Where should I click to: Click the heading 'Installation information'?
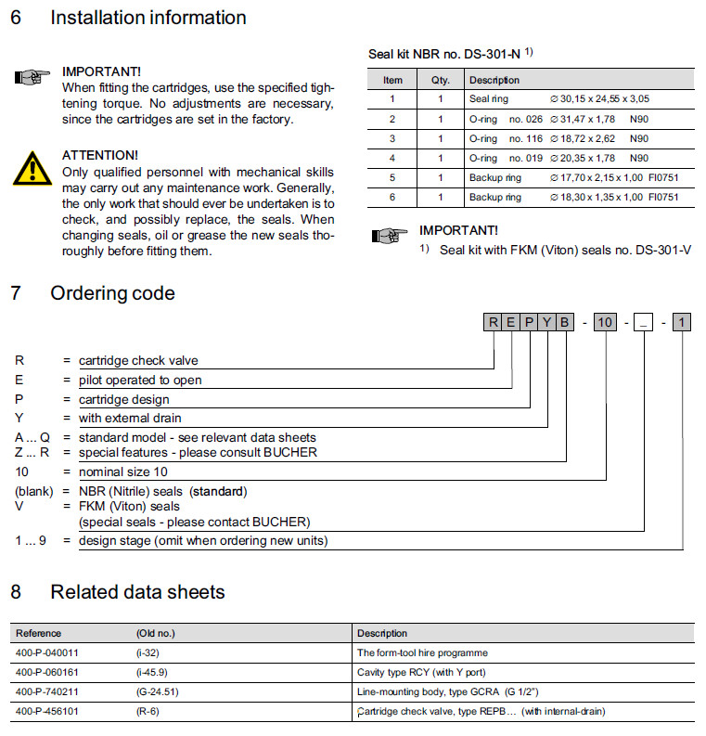click(x=148, y=18)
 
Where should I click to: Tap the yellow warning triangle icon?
click(x=32, y=167)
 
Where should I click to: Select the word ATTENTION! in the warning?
click(x=99, y=154)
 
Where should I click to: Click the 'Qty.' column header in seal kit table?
click(x=441, y=80)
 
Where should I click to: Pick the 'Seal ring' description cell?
click(x=489, y=99)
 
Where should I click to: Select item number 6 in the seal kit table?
click(x=392, y=197)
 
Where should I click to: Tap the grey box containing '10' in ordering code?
click(x=605, y=323)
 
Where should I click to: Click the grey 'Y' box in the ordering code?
click(x=547, y=323)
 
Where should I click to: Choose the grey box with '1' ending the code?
click(x=683, y=323)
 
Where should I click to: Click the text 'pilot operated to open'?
click(x=140, y=380)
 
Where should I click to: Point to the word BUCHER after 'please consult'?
click(x=288, y=452)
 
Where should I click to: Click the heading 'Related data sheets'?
click(x=137, y=591)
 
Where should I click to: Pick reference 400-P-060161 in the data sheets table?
click(x=46, y=672)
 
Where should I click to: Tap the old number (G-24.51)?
click(x=157, y=691)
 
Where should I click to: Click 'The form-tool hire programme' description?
click(x=422, y=652)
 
